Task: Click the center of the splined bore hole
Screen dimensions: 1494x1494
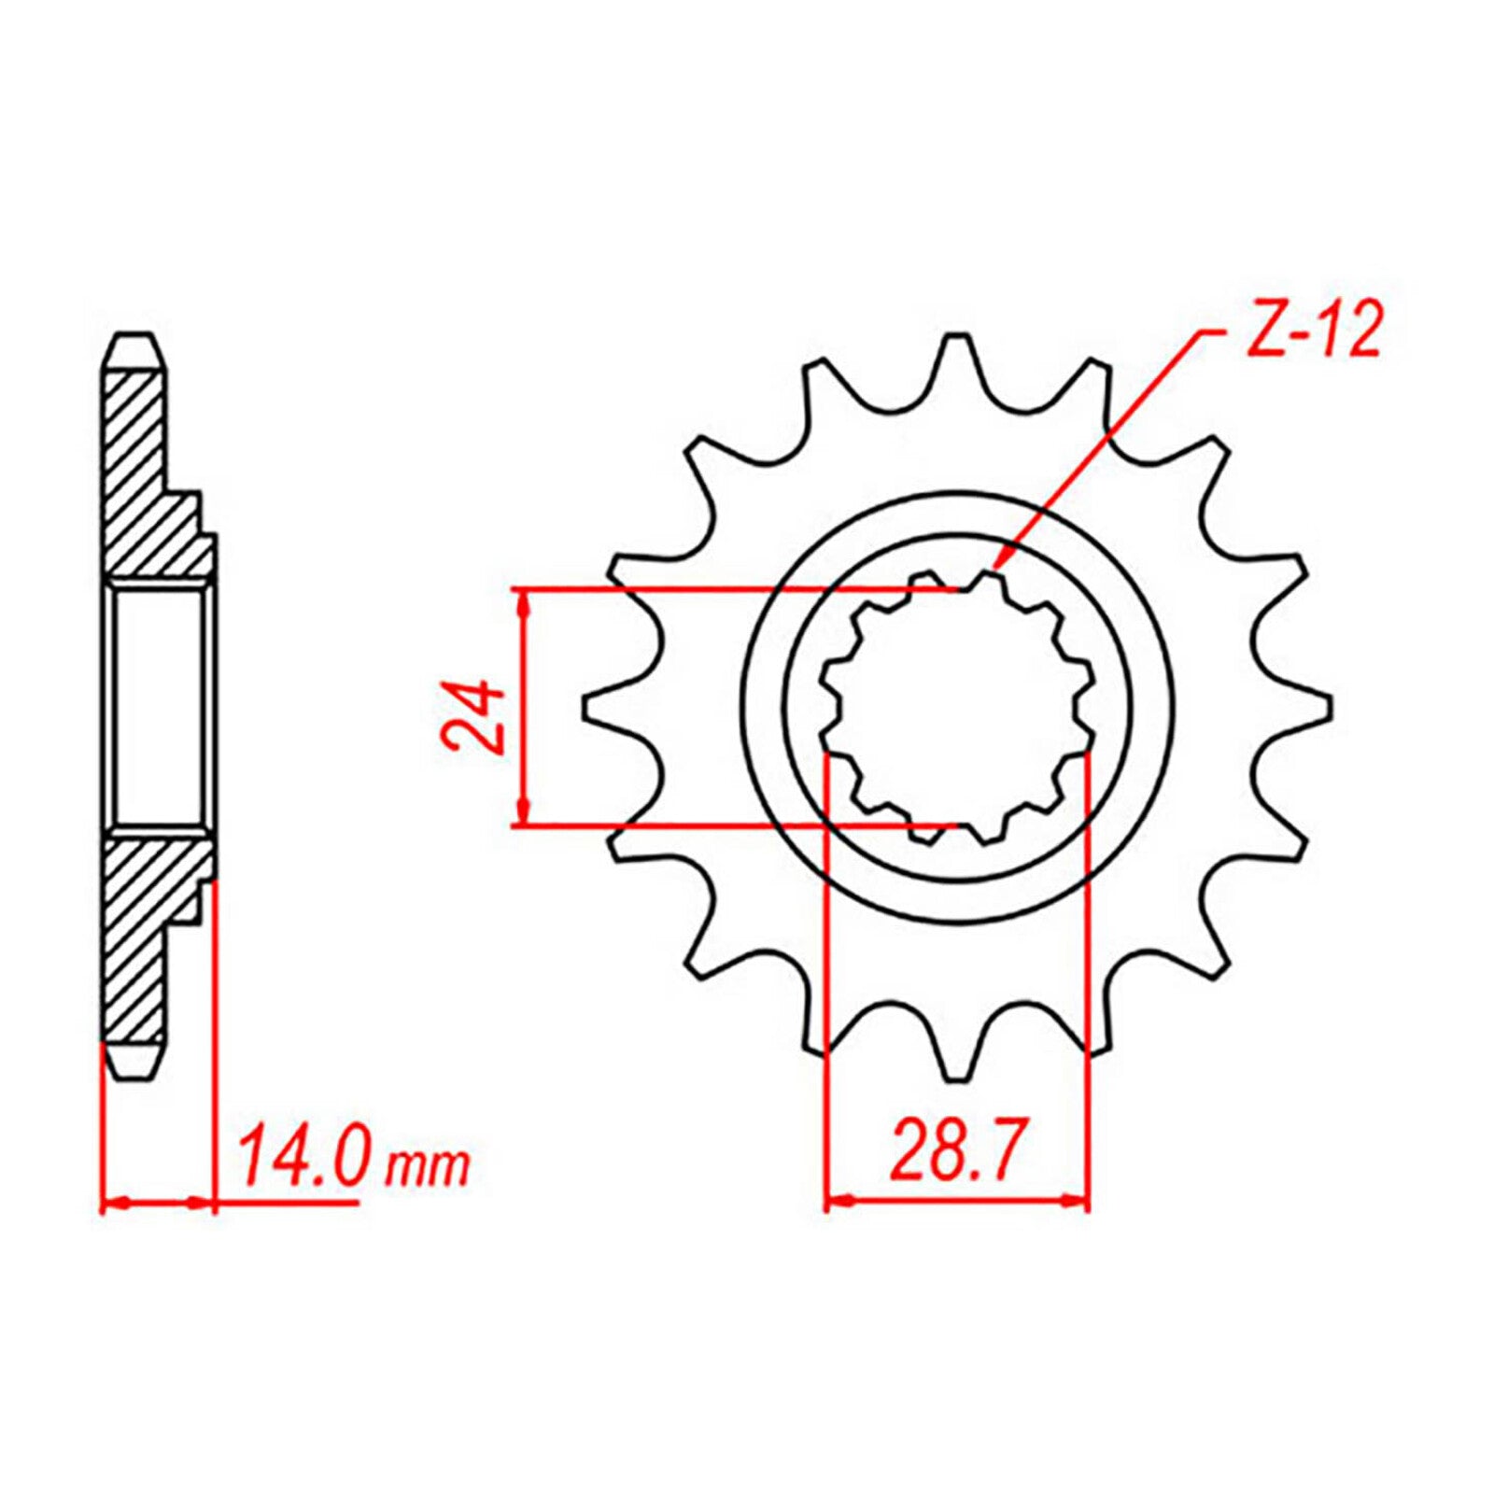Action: (957, 708)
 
